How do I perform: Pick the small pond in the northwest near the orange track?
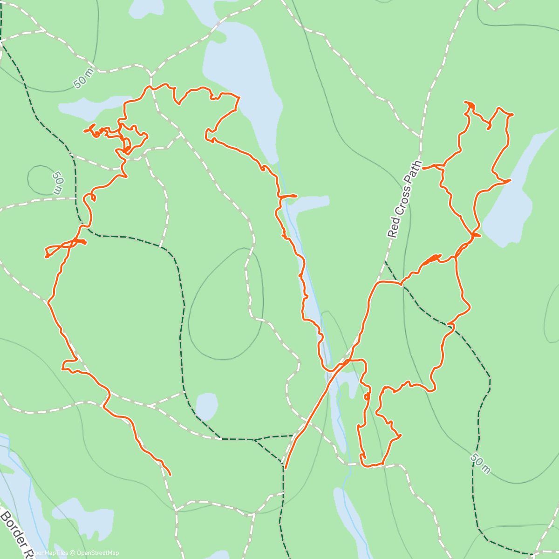point(89,107)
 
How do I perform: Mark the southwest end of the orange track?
point(170,475)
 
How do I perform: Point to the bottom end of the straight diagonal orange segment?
point(285,468)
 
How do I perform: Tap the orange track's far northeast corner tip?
point(512,114)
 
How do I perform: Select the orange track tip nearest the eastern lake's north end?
point(510,180)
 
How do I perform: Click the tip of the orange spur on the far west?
point(46,257)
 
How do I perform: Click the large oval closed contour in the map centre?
point(226,303)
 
